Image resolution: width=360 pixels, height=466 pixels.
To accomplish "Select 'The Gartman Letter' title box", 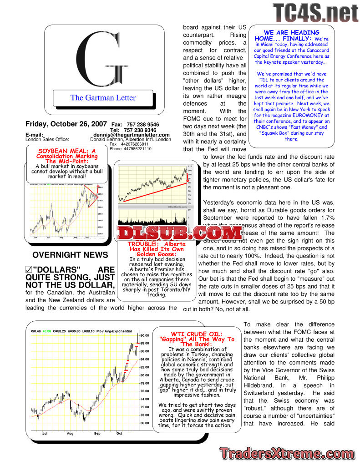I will click(103, 97).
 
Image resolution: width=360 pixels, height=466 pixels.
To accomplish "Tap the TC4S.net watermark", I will click(315, 12).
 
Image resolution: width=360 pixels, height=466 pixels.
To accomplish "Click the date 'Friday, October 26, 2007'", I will click(66, 124).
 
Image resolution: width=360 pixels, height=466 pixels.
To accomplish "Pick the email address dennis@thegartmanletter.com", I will click(132, 135).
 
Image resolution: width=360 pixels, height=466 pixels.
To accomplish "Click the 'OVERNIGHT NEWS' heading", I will click(70, 255).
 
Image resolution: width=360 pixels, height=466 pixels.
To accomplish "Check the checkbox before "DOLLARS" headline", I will click(29, 270).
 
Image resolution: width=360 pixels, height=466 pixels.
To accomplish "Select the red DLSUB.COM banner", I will click(179, 233).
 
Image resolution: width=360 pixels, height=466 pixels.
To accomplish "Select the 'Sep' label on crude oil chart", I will click(97, 433).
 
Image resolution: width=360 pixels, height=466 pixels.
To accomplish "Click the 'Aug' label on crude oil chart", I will click(70, 433).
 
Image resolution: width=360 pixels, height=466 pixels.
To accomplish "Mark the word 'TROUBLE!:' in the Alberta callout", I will click(142, 244).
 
